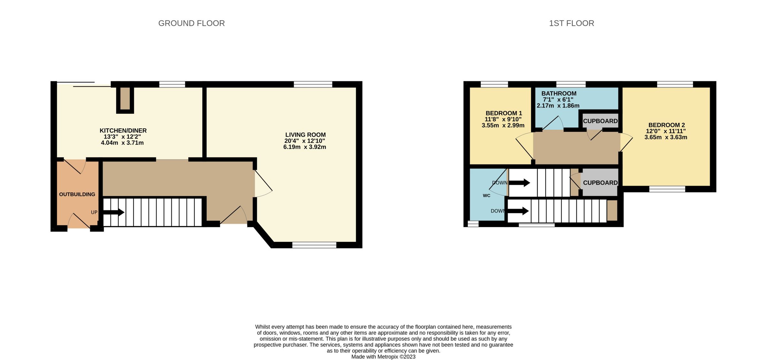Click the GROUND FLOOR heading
191,23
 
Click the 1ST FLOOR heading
571,23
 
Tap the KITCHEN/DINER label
123,131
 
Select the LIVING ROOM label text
305,135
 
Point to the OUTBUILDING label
77,194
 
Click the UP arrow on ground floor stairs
114,212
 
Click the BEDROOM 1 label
504,113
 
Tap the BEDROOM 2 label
666,125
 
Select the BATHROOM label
559,94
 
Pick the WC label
486,195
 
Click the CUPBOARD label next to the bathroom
600,121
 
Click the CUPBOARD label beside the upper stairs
600,183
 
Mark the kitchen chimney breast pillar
125,99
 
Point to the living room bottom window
314,245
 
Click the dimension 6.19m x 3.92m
305,147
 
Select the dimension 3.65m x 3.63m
666,137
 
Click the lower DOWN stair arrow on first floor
518,211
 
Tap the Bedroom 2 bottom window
667,189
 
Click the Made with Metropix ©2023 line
383,357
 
